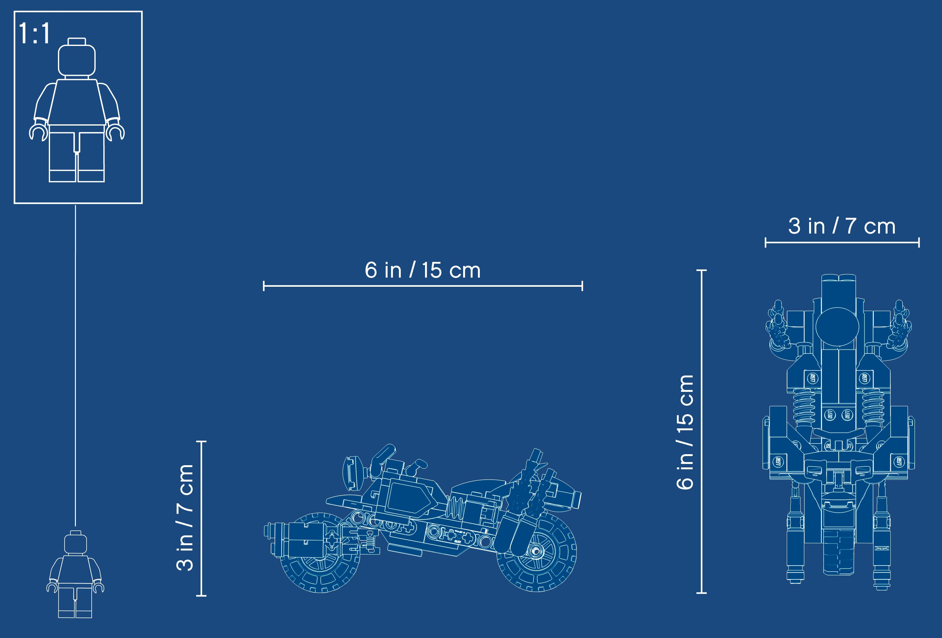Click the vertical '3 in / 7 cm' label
tap(185, 518)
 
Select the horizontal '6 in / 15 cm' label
tap(423, 270)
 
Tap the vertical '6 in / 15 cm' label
tap(685, 432)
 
